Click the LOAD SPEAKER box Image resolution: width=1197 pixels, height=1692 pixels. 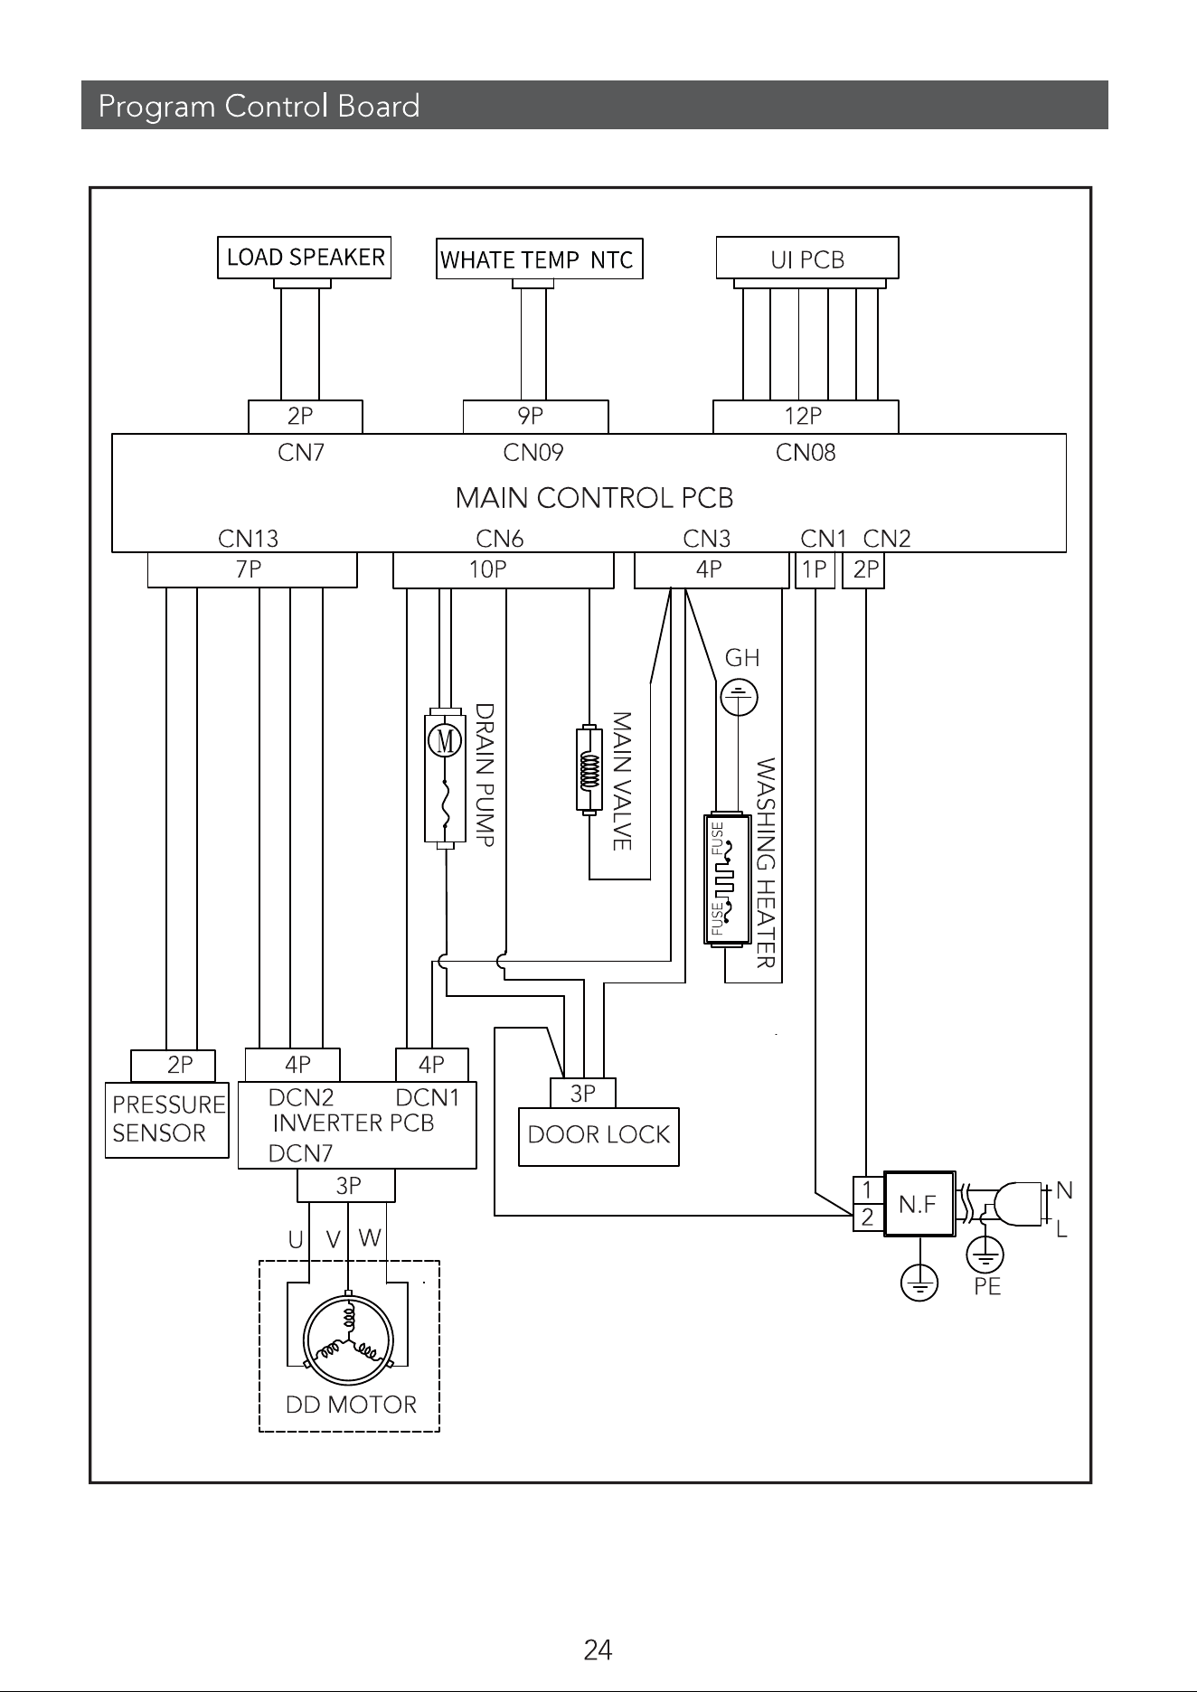pos(305,258)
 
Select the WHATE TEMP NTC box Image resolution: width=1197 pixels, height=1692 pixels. pos(539,258)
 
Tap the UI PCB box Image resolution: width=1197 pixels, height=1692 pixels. pos(807,258)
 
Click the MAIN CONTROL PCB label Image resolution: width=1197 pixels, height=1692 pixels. pos(594,498)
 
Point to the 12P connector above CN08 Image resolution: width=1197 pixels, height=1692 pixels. pos(806,417)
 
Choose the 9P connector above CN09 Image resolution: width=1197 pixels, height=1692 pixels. pos(535,417)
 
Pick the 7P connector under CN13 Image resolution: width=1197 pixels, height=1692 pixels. pos(252,569)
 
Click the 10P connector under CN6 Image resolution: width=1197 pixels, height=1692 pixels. pos(503,569)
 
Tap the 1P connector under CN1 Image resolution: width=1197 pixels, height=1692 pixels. pos(815,569)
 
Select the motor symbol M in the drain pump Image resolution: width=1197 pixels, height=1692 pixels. pos(445,741)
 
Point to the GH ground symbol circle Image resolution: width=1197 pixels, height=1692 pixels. pos(740,698)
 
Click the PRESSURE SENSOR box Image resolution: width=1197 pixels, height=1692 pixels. pos(167,1120)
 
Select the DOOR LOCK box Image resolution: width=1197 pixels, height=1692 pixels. pos(598,1136)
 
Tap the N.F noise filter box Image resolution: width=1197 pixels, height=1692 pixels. pos(919,1204)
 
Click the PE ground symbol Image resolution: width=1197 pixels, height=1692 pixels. pos(985,1255)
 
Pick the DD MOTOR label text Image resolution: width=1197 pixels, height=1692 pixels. pos(351,1405)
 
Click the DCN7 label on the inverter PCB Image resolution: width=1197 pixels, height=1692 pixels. pos(300,1153)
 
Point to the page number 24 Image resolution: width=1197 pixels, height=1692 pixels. pos(598,1651)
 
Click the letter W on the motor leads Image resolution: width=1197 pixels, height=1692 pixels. pos(369,1237)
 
